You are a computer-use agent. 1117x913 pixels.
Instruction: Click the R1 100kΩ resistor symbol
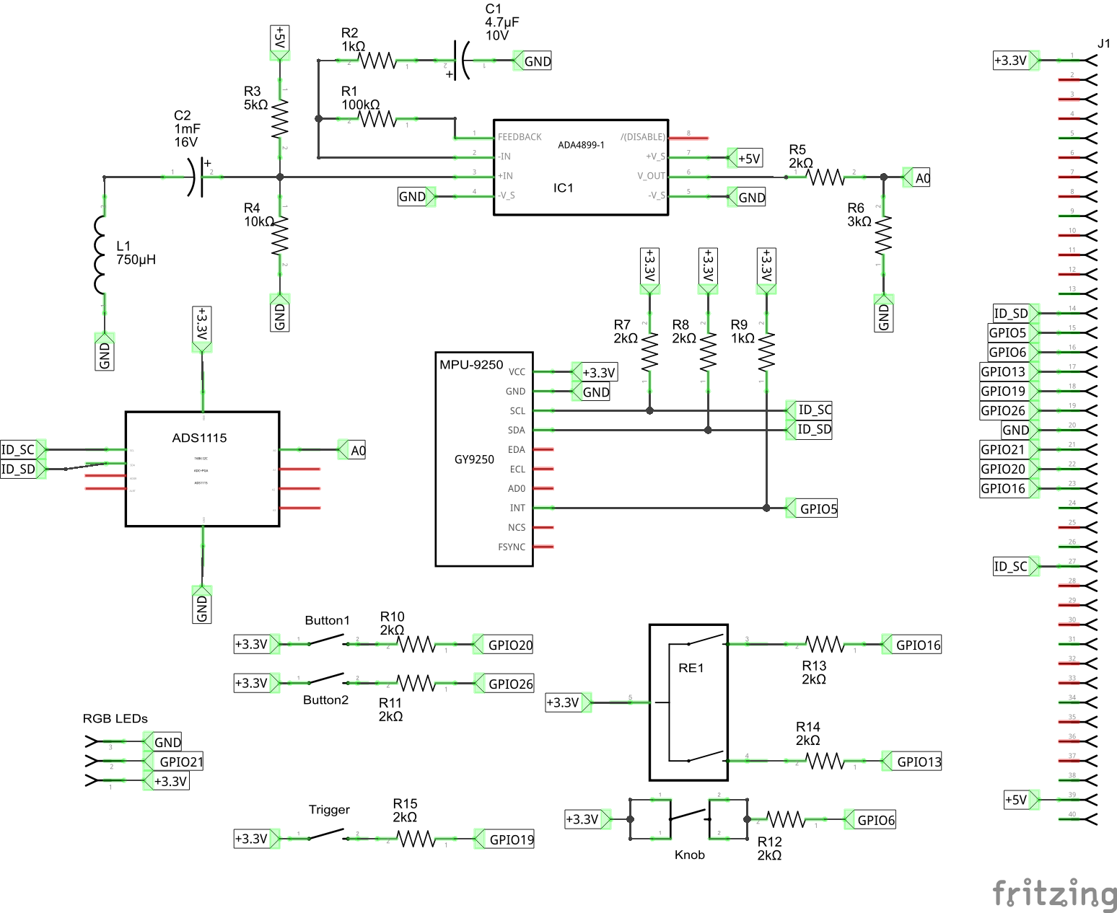click(377, 119)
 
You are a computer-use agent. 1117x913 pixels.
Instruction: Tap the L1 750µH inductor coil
click(100, 255)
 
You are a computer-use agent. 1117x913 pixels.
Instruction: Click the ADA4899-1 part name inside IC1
click(581, 145)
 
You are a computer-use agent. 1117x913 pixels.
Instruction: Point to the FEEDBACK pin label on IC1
click(520, 137)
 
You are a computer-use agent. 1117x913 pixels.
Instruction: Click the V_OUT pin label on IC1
click(651, 176)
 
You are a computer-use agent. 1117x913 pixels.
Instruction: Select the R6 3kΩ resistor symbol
click(883, 235)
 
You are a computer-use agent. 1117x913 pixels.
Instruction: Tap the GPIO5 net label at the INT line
click(818, 508)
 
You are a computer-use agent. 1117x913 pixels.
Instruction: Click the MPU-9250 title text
click(471, 365)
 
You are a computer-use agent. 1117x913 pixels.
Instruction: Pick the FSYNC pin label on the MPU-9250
click(512, 547)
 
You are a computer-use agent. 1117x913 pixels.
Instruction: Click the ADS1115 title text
click(199, 438)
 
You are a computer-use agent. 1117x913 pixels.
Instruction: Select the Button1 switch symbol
click(328, 640)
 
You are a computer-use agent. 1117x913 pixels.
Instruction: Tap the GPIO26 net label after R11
click(510, 684)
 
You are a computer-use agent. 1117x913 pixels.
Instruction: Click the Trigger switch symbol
click(328, 835)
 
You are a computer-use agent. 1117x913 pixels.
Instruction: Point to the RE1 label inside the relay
click(691, 668)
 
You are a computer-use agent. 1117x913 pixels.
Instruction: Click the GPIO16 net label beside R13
click(917, 645)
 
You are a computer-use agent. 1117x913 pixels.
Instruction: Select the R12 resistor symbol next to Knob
click(785, 819)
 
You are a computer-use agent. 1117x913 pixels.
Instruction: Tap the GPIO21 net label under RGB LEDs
click(180, 762)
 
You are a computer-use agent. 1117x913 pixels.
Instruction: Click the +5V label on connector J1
click(1015, 800)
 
